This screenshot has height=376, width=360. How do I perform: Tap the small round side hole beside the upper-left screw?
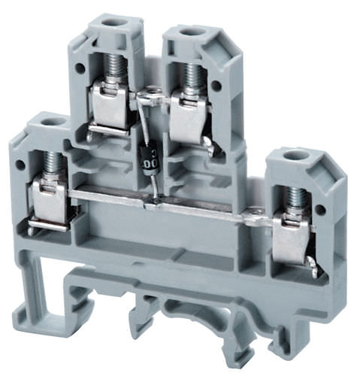[x=80, y=68]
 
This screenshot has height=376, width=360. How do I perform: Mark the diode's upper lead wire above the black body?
[x=143, y=124]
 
